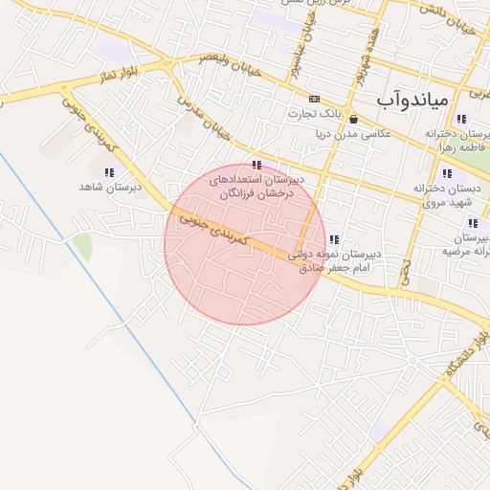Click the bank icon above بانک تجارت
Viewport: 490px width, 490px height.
tap(314, 99)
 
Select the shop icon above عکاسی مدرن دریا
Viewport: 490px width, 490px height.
tap(354, 120)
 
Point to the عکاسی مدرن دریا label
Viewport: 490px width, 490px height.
tap(353, 134)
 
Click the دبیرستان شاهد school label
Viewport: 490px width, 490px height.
tap(110, 188)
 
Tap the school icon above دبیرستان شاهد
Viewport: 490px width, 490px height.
tap(109, 172)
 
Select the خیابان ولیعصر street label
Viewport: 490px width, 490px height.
tap(229, 66)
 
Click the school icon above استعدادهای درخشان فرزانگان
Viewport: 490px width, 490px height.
tap(255, 164)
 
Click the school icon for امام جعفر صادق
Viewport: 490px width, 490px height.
tap(333, 239)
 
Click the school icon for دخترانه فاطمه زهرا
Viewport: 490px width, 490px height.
tap(461, 120)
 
